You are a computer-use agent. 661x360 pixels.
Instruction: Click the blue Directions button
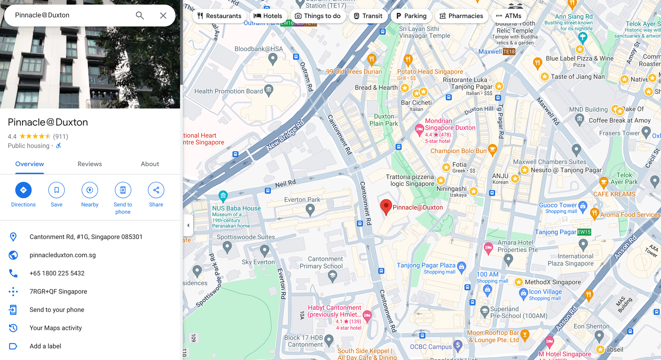coord(23,190)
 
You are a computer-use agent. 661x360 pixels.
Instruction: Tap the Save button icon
coord(57,190)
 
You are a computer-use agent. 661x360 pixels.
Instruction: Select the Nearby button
coord(90,190)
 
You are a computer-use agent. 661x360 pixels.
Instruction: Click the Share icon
coord(156,190)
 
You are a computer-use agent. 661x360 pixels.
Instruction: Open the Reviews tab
coord(90,164)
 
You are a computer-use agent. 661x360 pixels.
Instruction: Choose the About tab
coord(150,164)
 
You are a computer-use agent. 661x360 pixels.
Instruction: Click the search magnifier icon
coord(140,16)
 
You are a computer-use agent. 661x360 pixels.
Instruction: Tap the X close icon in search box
coord(163,16)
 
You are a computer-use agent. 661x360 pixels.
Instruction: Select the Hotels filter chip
coord(268,16)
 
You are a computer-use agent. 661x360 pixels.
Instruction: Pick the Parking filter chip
coord(411,16)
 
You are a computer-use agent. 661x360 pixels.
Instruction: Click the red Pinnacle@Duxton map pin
coord(386,207)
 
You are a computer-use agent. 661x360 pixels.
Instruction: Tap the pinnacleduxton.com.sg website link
coord(62,255)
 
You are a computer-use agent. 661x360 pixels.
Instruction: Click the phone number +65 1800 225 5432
coord(57,273)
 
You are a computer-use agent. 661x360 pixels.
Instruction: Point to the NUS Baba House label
coord(236,208)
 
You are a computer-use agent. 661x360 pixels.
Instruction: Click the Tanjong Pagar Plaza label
coord(426,265)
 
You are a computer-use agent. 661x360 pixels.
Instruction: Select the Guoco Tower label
coord(558,205)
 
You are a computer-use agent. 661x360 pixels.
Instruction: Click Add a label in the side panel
coord(45,346)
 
